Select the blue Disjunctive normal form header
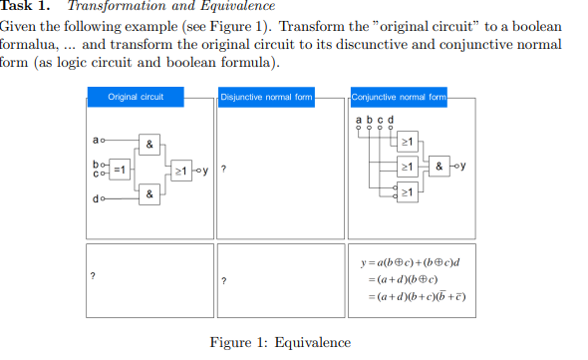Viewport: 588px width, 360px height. point(266,97)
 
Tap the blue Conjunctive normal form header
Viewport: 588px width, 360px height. point(399,97)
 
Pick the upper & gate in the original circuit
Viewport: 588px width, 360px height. point(148,145)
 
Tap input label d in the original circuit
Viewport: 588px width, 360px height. point(94,199)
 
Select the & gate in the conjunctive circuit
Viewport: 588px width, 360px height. point(440,165)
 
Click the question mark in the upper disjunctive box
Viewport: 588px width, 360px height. point(224,170)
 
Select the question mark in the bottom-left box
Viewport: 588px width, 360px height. point(93,275)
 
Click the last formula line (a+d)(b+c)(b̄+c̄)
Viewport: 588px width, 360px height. point(419,297)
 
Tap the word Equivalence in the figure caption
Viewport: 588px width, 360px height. point(313,343)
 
